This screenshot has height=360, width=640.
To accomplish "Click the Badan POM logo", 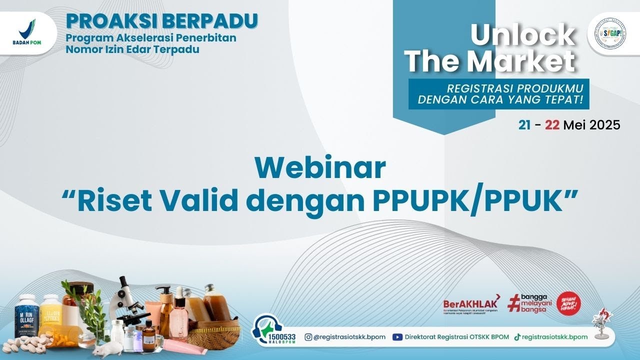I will [27, 31].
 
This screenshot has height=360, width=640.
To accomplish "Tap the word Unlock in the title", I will [522, 35].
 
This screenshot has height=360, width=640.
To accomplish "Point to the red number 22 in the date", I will [552, 125].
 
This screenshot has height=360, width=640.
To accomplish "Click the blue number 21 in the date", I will [524, 125].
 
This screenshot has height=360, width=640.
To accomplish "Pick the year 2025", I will [604, 125].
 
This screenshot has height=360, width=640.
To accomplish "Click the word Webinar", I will [320, 168].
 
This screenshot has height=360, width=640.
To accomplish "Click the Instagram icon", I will [308, 337].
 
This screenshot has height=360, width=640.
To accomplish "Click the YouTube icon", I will [397, 337].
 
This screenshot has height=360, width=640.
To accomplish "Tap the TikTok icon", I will [517, 337].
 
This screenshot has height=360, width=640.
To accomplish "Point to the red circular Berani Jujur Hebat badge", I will [568, 303].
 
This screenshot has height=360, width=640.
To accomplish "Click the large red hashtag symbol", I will [514, 303].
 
